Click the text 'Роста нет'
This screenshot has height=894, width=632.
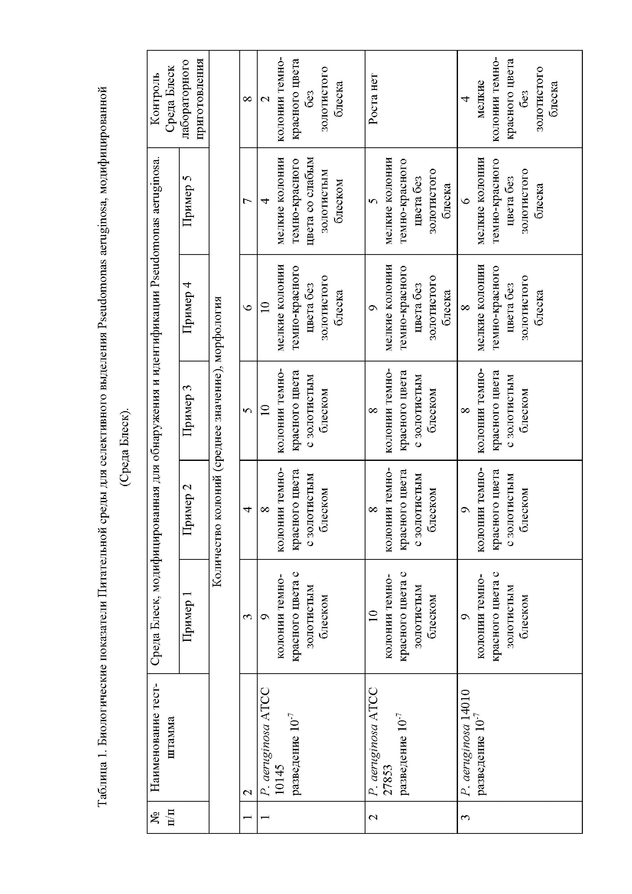click(373, 98)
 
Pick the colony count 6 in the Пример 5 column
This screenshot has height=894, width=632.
click(465, 201)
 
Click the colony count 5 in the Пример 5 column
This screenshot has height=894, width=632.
click(373, 201)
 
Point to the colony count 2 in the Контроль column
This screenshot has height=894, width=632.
click(265, 98)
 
